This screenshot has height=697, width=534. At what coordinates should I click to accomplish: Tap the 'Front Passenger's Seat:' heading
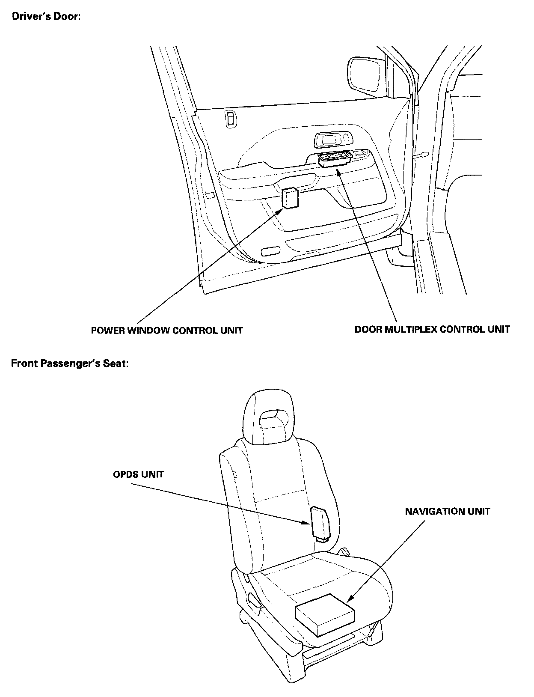click(70, 364)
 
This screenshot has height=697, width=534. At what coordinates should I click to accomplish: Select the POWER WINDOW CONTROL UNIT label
click(167, 331)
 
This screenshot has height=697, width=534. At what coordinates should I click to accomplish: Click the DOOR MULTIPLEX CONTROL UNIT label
click(432, 329)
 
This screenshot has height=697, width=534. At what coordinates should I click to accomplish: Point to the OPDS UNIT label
click(138, 474)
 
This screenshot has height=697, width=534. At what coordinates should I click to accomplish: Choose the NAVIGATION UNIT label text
click(448, 511)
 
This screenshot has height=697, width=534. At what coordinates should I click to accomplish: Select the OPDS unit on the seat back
click(320, 522)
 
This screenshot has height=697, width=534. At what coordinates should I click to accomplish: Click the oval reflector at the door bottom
click(270, 251)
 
